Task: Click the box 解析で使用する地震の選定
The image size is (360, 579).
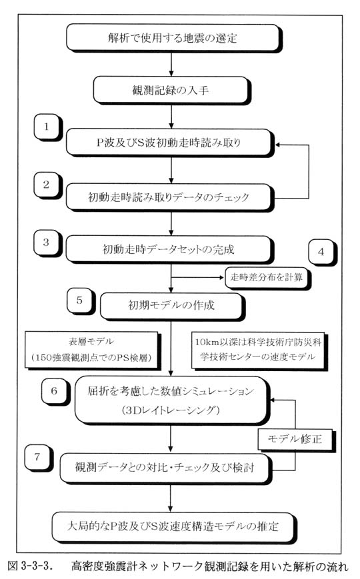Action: point(173,38)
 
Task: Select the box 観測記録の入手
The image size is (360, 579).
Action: point(171,90)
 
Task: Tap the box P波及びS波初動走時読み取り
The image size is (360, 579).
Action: point(169,143)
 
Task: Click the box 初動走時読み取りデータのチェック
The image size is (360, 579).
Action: point(169,197)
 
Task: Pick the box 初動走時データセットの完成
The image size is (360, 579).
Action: point(169,250)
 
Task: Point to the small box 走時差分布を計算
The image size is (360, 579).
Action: point(267,278)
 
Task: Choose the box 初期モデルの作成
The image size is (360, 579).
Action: point(172,305)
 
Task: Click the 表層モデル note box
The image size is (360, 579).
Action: point(93,350)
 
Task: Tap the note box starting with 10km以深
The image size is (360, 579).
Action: point(259,350)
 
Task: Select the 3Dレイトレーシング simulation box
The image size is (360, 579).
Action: point(172,400)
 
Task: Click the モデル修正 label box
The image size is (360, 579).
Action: point(296,440)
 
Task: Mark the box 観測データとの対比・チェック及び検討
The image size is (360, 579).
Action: point(165,468)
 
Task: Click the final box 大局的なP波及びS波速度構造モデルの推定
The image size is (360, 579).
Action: point(174,527)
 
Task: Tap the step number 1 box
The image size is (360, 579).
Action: point(48,127)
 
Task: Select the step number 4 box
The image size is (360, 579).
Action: point(322,253)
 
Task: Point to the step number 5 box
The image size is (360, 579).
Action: point(81,301)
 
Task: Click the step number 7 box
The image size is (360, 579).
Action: point(39,458)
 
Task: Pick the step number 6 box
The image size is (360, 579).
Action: point(55,391)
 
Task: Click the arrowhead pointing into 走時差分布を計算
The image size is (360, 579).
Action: point(221,277)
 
